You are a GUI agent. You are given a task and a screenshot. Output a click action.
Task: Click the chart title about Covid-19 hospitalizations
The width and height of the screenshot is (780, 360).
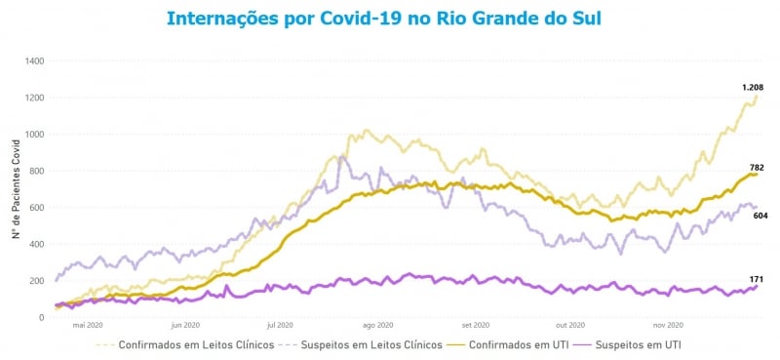coord(383,19)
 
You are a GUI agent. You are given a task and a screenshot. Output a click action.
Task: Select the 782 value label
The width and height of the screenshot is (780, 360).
coord(756,168)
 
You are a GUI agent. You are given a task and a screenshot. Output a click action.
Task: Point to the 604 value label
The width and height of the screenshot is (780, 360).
coord(760,215)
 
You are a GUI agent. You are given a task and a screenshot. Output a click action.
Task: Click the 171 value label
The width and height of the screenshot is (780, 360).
coord(756,280)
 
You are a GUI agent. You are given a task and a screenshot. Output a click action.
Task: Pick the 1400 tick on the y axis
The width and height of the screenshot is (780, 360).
coord(34,61)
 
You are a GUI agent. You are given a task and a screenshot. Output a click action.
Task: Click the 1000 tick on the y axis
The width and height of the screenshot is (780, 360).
coord(34,135)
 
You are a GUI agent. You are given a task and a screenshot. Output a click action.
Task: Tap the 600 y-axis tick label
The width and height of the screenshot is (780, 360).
coord(37,208)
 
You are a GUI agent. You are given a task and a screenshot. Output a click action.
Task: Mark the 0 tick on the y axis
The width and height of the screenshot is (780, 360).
coord(42,317)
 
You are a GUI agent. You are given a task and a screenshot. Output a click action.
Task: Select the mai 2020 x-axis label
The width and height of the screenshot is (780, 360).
coord(87,326)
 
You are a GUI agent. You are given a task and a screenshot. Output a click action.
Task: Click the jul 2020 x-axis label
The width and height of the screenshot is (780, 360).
coord(280,326)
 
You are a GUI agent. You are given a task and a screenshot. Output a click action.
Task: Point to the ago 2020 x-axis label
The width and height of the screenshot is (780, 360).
coord(377,326)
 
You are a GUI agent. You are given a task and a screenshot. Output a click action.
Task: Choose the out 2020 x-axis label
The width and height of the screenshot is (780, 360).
coord(570,326)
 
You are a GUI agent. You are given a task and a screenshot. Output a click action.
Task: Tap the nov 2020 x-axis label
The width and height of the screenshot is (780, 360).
coord(668,326)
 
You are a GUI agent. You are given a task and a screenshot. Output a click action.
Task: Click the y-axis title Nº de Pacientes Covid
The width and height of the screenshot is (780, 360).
coord(17,189)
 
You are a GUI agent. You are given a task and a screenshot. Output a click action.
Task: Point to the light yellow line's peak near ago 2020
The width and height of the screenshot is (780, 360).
coord(367,130)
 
